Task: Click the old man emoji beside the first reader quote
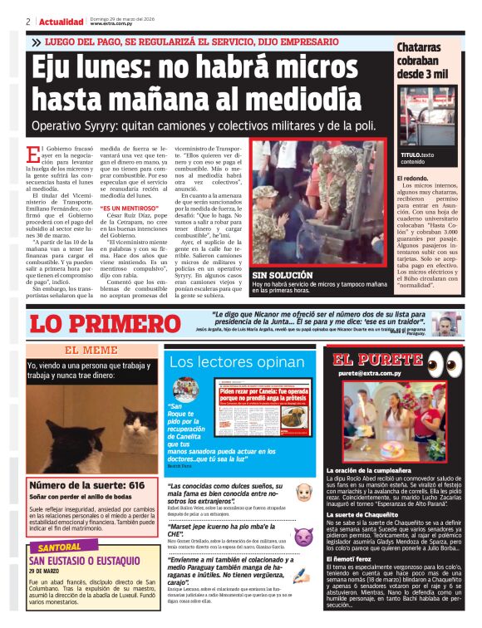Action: tap(303, 492)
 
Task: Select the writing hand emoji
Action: tap(303, 578)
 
